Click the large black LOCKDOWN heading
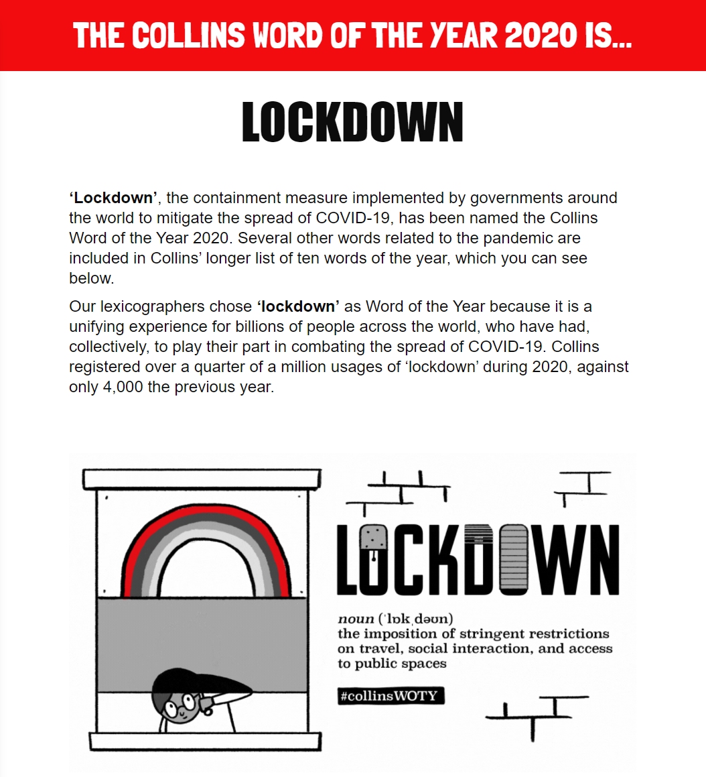(352, 123)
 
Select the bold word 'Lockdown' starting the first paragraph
(113, 198)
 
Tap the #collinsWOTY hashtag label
(391, 696)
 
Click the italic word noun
(356, 618)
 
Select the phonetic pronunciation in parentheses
(416, 618)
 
